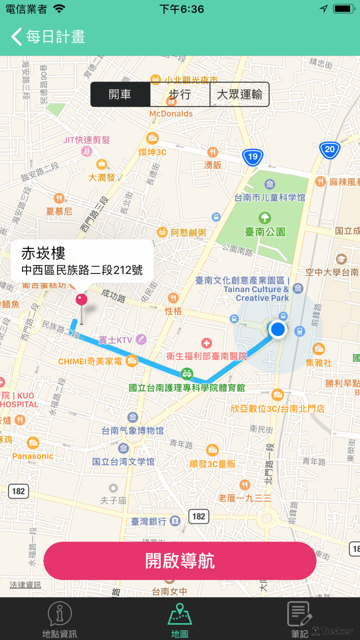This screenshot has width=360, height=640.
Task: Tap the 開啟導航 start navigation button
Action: point(180,561)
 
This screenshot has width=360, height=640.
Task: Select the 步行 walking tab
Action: point(180,95)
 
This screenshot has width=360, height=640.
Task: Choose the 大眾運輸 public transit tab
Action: point(239,95)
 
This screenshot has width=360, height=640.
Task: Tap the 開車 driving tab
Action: point(120,95)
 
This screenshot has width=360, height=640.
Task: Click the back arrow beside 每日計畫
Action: point(17,36)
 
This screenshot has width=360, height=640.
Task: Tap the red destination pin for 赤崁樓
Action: point(81,301)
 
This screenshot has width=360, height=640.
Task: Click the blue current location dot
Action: point(278,329)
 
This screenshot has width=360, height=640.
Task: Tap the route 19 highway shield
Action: point(252,156)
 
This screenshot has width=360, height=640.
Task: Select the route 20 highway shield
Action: point(330,149)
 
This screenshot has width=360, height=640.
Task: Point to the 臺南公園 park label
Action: point(265,232)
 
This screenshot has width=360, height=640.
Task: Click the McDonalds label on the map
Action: point(171,114)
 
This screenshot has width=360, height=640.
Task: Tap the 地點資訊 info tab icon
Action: point(60,615)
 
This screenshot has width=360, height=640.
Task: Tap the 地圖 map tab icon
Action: point(180,615)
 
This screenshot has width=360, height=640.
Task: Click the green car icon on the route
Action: point(186,373)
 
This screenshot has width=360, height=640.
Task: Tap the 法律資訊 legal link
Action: point(25,585)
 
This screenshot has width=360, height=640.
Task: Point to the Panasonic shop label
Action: point(33,456)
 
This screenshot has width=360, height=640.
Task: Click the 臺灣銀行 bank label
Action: point(149,522)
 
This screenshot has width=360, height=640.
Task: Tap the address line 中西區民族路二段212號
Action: point(82,270)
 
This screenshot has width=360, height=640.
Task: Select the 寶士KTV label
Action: point(116,340)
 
